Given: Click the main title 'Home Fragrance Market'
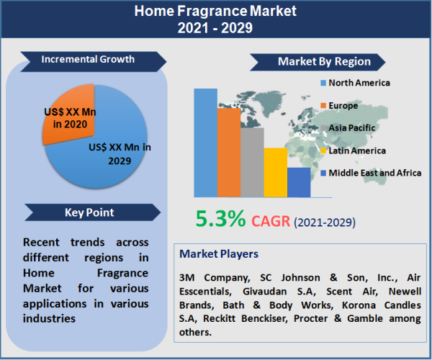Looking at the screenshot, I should (215, 12).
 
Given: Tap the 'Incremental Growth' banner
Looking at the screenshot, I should (88, 59).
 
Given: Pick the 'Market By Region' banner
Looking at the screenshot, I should (324, 61).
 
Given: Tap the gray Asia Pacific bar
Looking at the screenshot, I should (252, 162).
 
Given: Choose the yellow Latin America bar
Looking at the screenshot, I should (275, 172).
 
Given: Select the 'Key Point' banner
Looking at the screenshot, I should (88, 212).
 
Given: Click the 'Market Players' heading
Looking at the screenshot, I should (219, 254).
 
